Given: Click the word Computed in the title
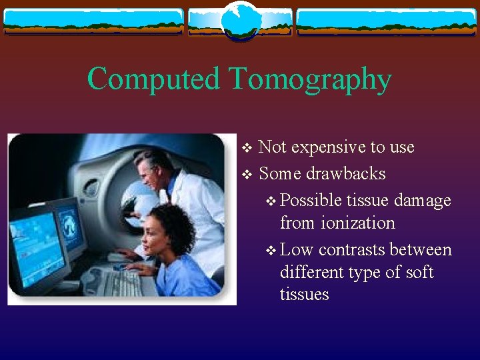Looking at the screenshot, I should [x=153, y=79].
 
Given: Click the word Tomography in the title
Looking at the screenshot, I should [x=310, y=80].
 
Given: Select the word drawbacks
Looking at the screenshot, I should [x=345, y=174].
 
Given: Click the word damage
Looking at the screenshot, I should [x=423, y=201].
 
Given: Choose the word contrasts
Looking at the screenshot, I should [x=353, y=250].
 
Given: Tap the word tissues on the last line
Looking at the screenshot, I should [x=305, y=295].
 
